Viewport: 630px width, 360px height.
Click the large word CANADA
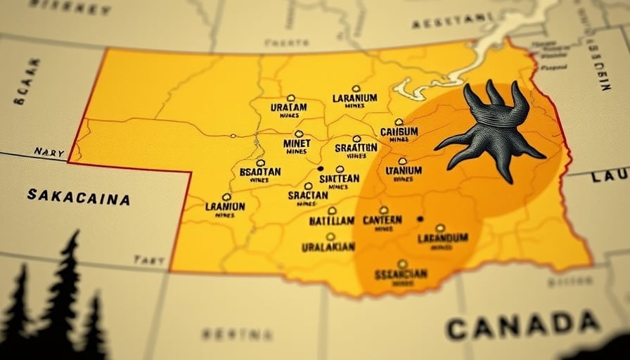[x=522, y=325]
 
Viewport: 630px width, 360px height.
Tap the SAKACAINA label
[x=78, y=196]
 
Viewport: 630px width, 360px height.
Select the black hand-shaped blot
[x=497, y=131]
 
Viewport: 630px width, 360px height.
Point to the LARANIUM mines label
[x=355, y=98]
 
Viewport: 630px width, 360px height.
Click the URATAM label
[x=288, y=108]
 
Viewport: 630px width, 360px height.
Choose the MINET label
[x=297, y=143]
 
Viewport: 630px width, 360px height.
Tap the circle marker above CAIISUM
[x=399, y=122]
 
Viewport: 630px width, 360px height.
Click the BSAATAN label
[x=259, y=172]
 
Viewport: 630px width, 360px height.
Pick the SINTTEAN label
[x=339, y=179]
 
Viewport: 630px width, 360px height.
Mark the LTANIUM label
[x=404, y=170]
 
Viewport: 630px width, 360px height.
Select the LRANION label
[x=225, y=207]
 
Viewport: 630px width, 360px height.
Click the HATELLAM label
[x=332, y=221]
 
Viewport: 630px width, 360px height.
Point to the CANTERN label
[x=382, y=220]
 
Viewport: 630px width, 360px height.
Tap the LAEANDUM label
[x=442, y=238]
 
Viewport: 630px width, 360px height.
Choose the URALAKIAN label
[x=328, y=247]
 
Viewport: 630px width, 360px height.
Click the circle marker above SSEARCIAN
[x=401, y=264]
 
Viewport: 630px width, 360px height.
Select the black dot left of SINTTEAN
[x=320, y=169]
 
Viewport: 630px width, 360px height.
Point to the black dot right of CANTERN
[x=420, y=219]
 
